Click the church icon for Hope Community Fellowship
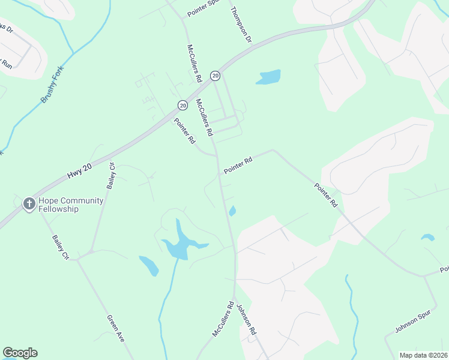tap(28, 204)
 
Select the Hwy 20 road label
tap(80, 174)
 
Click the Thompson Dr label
tap(241, 25)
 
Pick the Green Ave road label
tap(116, 329)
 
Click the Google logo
tap(20, 353)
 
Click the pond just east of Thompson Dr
tap(270, 77)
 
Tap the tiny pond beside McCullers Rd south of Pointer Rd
tap(232, 211)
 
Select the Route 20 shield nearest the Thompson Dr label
tap(215, 75)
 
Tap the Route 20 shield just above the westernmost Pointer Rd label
tap(182, 105)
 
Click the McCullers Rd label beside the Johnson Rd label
tap(222, 318)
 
